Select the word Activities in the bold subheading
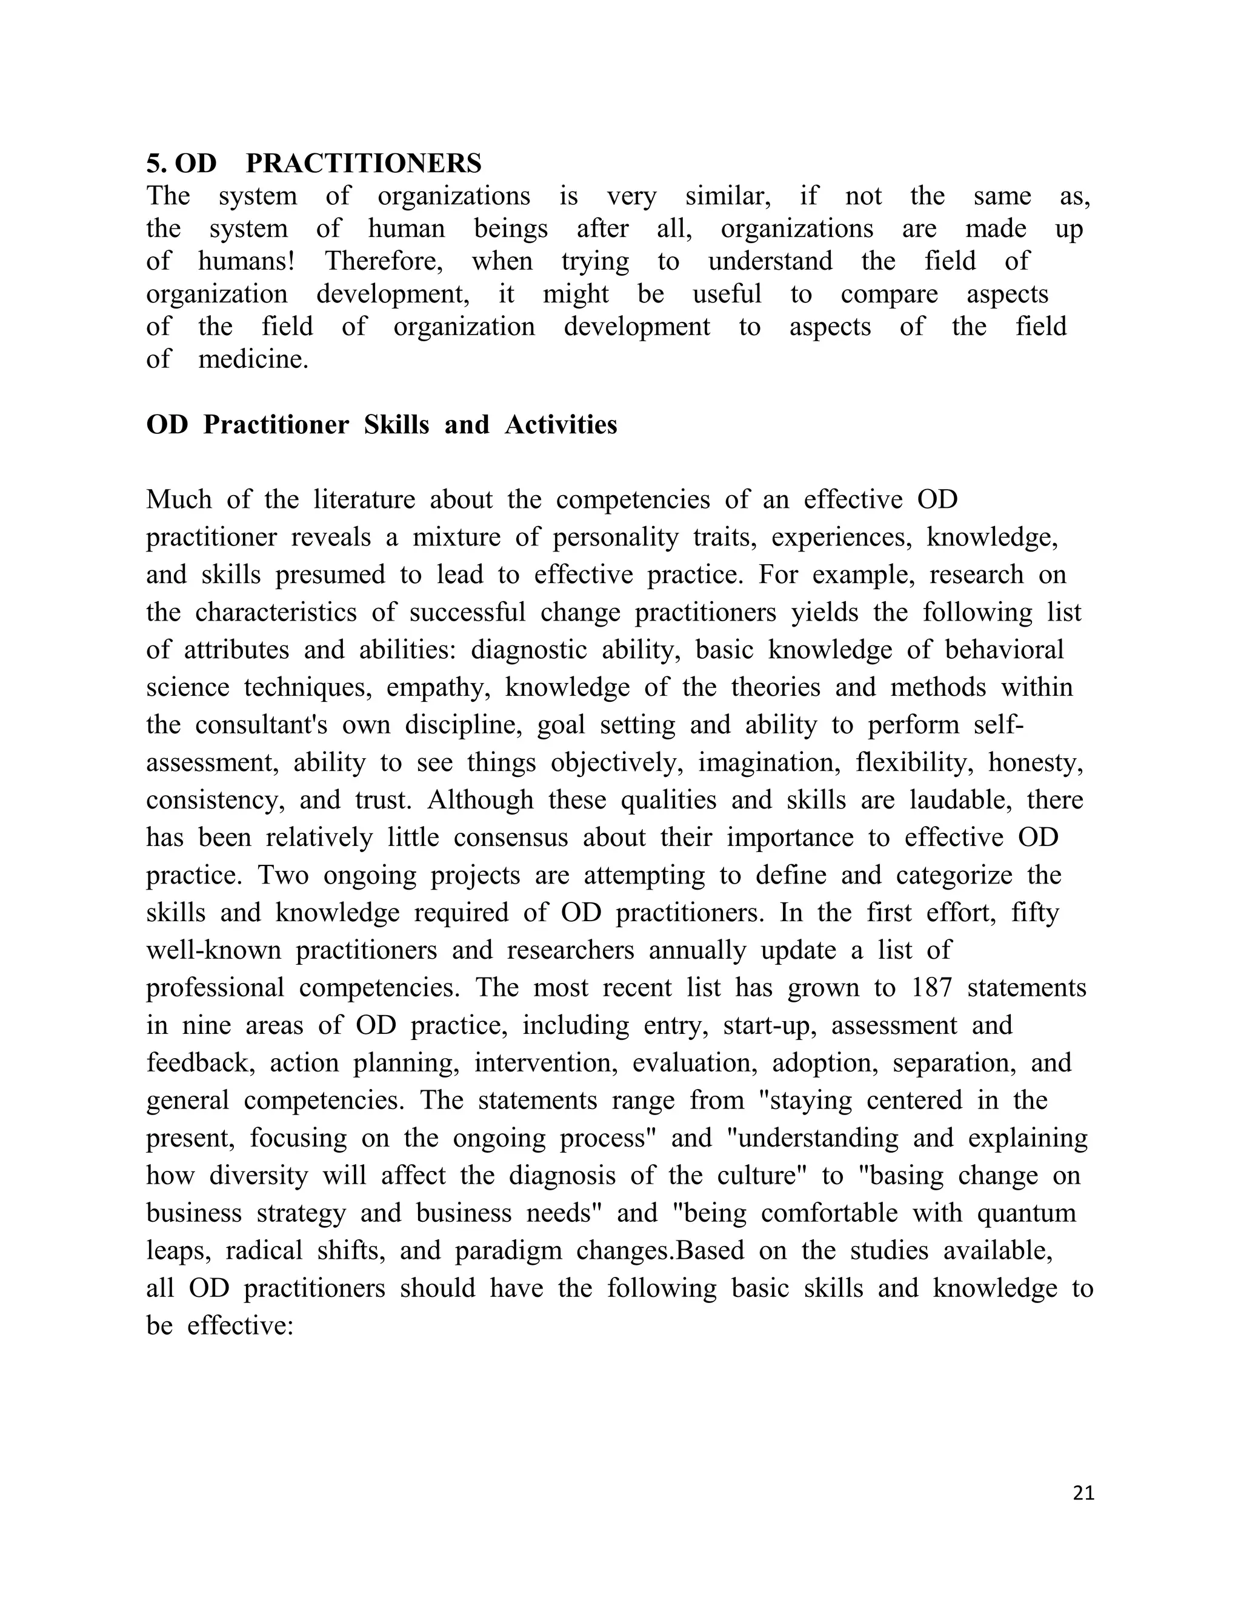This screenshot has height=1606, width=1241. (561, 425)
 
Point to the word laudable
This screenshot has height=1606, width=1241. (960, 800)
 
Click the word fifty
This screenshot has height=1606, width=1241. (1035, 913)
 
